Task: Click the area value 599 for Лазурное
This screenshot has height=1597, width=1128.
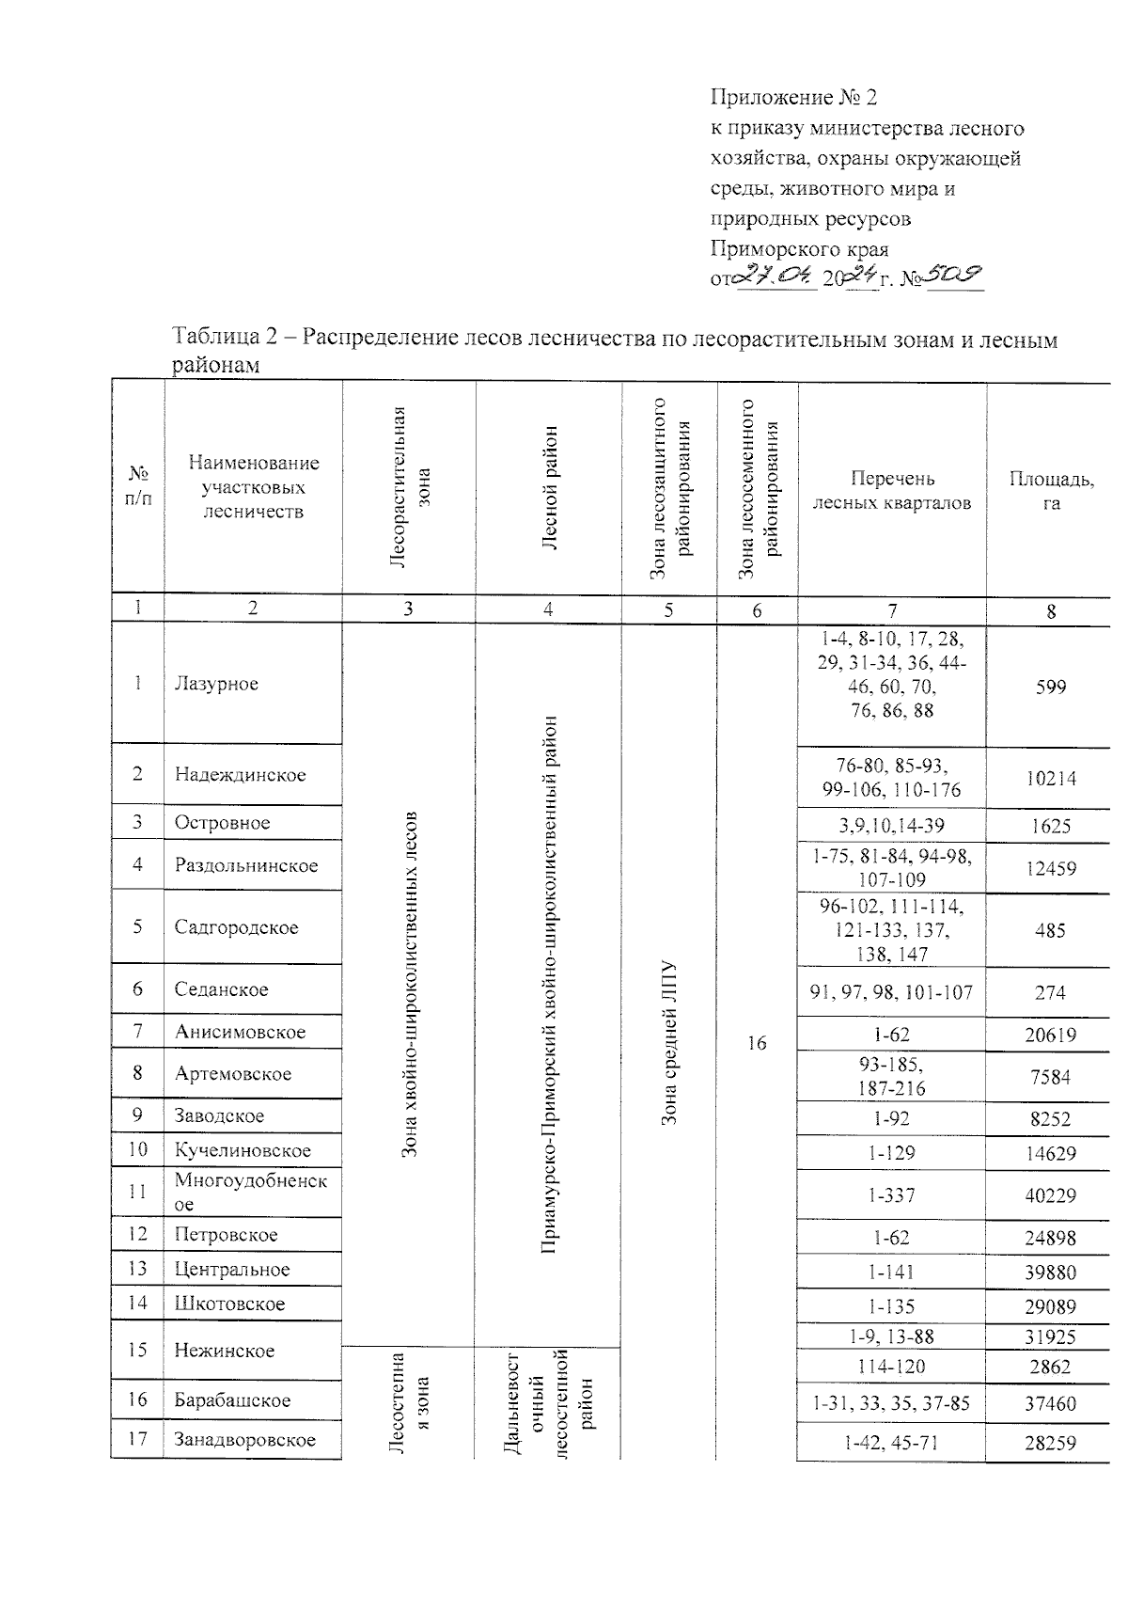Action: point(1050,688)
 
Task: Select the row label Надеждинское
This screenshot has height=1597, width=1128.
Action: point(240,775)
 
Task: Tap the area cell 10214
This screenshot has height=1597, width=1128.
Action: point(1050,779)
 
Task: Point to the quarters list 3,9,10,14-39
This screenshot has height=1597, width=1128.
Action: point(891,826)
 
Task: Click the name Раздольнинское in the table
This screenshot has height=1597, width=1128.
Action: point(246,865)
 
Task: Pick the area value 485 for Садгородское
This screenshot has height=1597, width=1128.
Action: point(1050,930)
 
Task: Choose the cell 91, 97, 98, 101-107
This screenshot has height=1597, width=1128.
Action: point(891,992)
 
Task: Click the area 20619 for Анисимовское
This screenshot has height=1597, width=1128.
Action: point(1050,1036)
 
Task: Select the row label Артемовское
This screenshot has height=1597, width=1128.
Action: point(233,1073)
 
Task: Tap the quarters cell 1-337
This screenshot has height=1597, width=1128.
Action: point(891,1195)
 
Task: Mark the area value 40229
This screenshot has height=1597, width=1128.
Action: point(1050,1195)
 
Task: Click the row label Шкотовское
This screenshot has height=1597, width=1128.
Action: point(229,1304)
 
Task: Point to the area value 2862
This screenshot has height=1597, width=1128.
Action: point(1050,1367)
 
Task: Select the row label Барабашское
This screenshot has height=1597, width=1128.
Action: point(232,1399)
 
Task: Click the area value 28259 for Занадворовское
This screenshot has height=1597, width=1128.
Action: point(1050,1442)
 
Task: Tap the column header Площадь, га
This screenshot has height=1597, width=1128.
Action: point(1051,490)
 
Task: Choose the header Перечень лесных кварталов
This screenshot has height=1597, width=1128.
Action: point(891,490)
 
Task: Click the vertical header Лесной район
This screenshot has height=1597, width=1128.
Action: point(549,489)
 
